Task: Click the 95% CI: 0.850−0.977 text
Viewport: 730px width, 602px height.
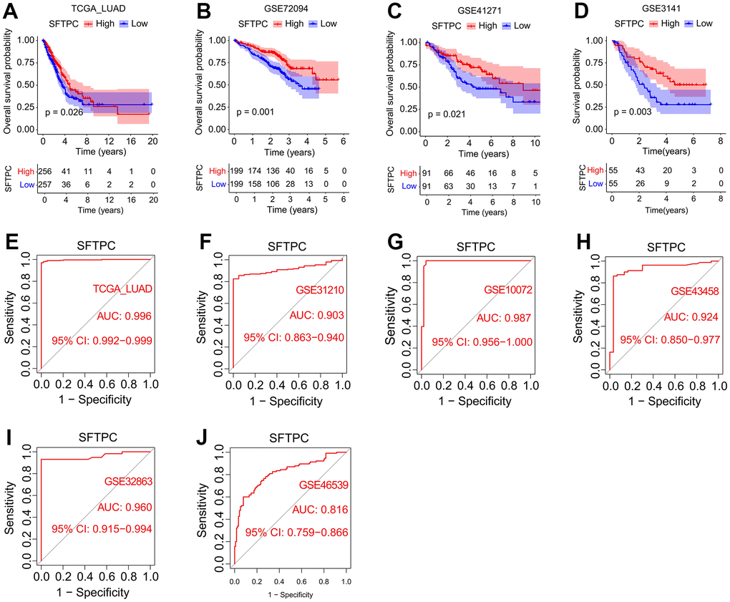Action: pyautogui.click(x=668, y=340)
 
